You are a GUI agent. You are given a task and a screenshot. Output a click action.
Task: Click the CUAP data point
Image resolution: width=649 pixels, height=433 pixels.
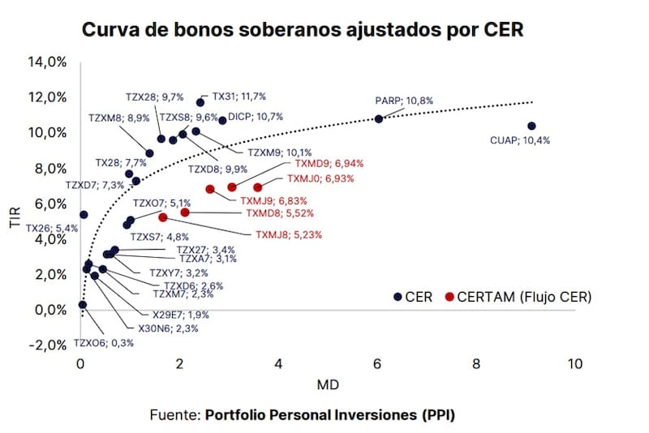[531, 126]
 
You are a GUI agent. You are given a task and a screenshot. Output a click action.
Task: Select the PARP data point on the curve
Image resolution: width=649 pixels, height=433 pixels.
[379, 119]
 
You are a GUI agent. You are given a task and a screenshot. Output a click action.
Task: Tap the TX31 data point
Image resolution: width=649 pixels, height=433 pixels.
[200, 102]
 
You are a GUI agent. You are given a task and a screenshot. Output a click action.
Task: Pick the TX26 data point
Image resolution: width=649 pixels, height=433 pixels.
[84, 214]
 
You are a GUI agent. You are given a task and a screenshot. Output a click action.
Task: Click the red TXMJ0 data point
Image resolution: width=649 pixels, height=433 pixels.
[257, 187]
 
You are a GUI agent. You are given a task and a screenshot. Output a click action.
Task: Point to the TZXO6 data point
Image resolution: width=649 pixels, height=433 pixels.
[83, 305]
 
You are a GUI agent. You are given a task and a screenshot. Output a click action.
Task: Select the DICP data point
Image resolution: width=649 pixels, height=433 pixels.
[222, 120]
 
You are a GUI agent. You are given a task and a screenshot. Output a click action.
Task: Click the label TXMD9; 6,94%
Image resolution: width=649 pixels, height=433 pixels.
[329, 164]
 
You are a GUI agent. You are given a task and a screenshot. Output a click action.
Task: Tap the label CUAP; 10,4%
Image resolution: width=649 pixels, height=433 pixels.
[520, 140]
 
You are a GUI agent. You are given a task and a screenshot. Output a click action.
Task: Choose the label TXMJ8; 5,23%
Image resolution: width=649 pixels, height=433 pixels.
[289, 235]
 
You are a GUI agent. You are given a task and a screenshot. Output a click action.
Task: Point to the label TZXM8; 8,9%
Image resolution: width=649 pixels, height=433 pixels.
[119, 118]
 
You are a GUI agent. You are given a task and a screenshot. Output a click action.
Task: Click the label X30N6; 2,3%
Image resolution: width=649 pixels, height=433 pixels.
[168, 328]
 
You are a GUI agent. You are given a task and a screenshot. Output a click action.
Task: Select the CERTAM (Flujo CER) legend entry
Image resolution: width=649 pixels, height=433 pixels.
[519, 297]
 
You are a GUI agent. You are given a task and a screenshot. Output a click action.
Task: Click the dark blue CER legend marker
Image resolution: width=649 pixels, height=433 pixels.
[398, 297]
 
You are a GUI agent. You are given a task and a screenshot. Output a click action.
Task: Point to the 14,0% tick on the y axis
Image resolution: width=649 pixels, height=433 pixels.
[47, 62]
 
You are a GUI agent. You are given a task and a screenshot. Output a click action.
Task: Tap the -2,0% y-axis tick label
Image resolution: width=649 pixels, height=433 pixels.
[47, 345]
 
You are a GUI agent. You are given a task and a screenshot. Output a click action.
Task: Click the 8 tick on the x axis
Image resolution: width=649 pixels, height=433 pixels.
[476, 364]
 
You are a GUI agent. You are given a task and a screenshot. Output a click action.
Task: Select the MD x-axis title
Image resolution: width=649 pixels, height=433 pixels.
[328, 385]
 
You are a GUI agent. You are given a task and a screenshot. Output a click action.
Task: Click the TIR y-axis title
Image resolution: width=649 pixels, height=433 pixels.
[15, 217]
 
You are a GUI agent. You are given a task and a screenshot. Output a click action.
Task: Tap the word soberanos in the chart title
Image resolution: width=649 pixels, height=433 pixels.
[254, 30]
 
